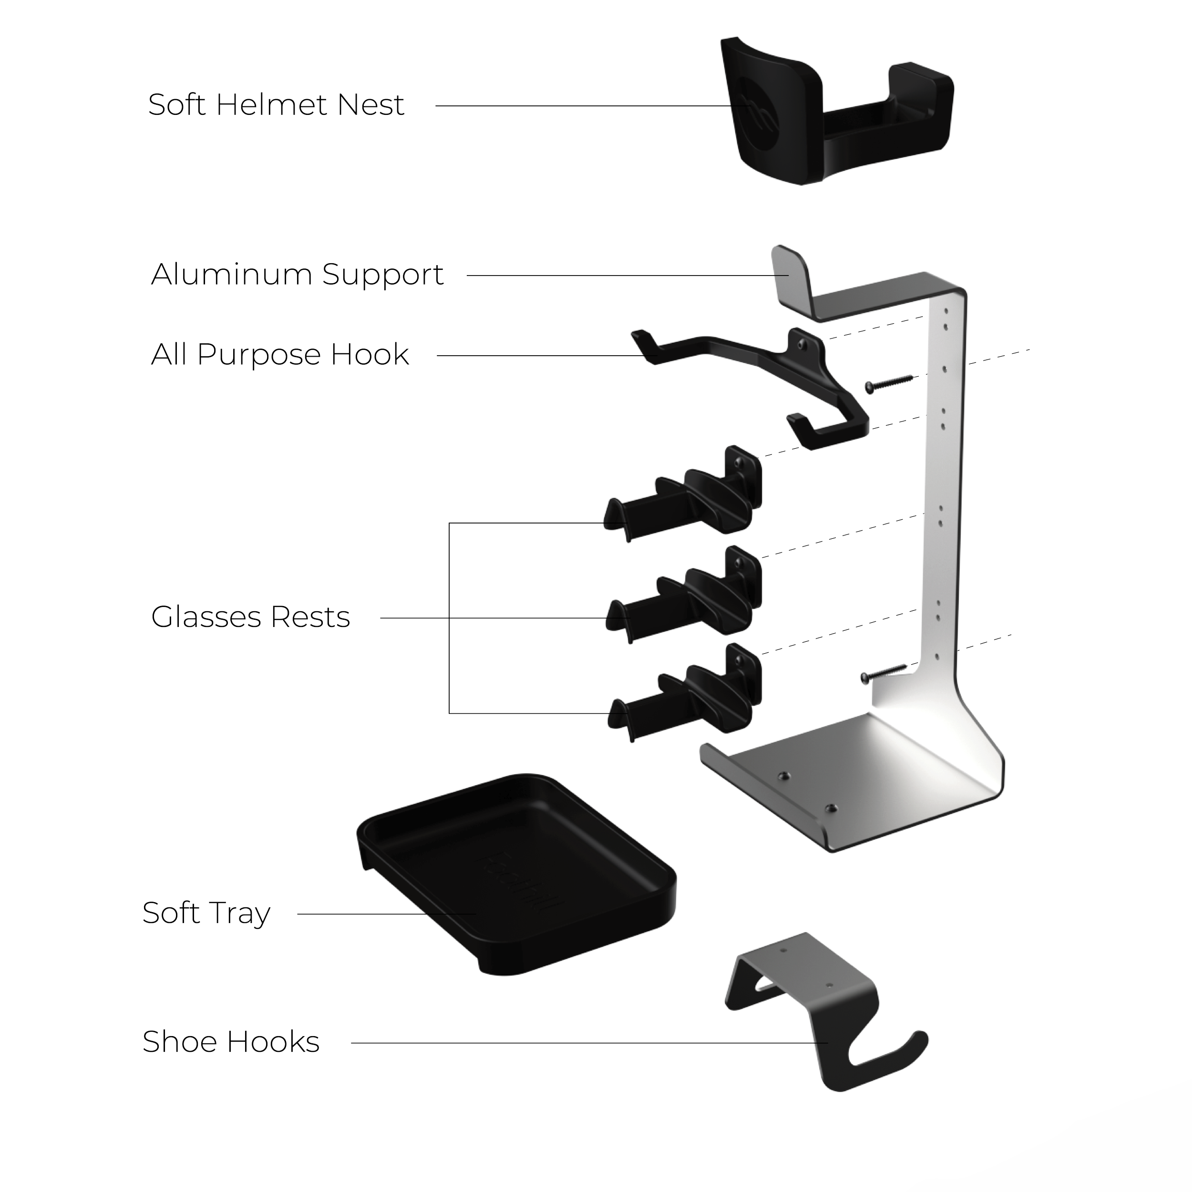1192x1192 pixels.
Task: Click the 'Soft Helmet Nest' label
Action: tap(276, 105)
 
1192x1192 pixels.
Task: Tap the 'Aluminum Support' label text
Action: tap(297, 275)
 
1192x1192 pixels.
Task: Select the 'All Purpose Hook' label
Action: tap(279, 355)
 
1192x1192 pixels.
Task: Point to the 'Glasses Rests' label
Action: tap(250, 617)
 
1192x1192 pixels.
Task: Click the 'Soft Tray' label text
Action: tap(206, 914)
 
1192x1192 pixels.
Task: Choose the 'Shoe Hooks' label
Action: tap(231, 1042)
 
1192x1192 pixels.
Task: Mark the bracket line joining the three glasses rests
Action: tap(449, 617)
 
